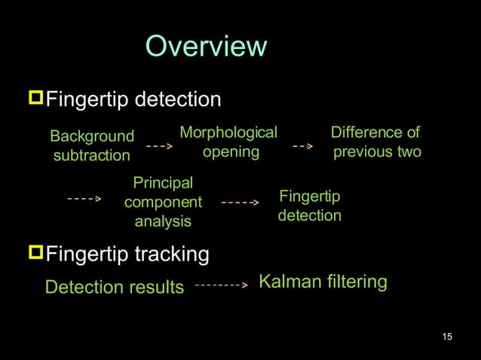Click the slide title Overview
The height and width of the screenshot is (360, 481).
(206, 47)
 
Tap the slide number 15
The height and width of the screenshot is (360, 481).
(447, 335)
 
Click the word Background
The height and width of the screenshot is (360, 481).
(92, 136)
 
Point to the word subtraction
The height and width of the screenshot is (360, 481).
(92, 156)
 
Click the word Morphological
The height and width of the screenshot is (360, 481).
(228, 133)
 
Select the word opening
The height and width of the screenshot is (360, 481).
(231, 152)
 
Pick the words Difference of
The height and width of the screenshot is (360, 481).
(375, 133)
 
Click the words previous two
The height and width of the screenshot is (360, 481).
(377, 152)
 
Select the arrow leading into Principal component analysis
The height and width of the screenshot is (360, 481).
(84, 200)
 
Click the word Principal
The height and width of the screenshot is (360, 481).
(163, 183)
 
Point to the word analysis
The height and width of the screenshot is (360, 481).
(163, 221)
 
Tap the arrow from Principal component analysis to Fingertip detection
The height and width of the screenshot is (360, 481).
(240, 203)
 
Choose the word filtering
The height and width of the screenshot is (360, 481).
(357, 282)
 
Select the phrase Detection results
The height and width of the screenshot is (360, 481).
(115, 287)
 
